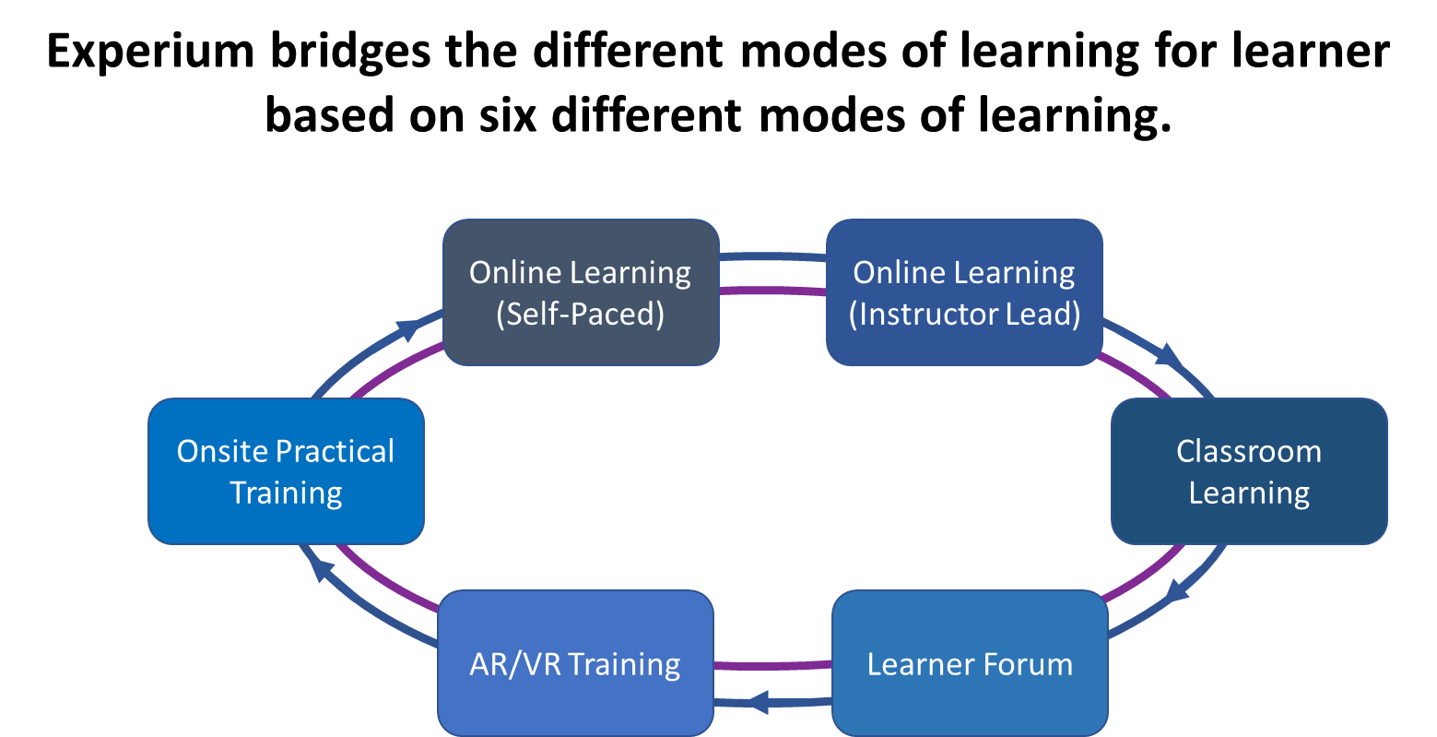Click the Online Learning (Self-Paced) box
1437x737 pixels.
tap(581, 292)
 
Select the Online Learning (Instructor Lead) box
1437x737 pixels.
tap(964, 292)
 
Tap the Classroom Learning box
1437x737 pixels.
tap(1249, 471)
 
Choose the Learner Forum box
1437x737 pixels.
tap(970, 664)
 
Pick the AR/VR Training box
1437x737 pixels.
tap(575, 664)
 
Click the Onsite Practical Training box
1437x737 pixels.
tap(286, 471)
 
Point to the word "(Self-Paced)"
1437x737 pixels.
tap(581, 314)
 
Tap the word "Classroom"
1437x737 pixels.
tap(1249, 451)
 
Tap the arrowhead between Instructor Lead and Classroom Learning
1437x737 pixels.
tap(1170, 355)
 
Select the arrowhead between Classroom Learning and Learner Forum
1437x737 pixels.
tap(1176, 588)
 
